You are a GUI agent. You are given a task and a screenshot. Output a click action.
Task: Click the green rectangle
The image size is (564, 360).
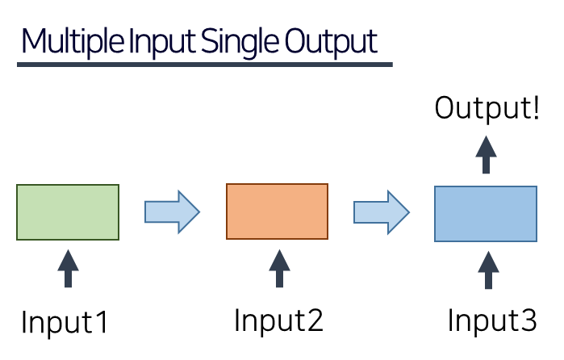68,212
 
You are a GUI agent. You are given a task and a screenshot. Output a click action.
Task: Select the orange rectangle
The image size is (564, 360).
277,211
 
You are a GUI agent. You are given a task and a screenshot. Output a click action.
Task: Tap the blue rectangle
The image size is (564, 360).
485,214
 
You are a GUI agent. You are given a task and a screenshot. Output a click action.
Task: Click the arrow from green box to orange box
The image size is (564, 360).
172,211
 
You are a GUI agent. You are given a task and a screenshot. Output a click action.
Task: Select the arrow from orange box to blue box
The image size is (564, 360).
382,212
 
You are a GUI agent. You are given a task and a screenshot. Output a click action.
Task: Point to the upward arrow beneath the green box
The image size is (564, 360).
68,269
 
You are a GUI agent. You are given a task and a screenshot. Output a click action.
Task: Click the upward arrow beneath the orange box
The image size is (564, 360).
279,269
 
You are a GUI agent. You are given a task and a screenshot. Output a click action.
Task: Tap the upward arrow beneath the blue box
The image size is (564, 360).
487,270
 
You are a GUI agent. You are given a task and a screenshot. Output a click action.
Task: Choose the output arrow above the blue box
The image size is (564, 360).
486,154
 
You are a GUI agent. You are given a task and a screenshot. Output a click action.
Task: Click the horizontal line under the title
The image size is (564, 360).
205,65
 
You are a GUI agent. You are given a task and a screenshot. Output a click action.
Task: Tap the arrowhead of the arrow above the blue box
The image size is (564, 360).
486,146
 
